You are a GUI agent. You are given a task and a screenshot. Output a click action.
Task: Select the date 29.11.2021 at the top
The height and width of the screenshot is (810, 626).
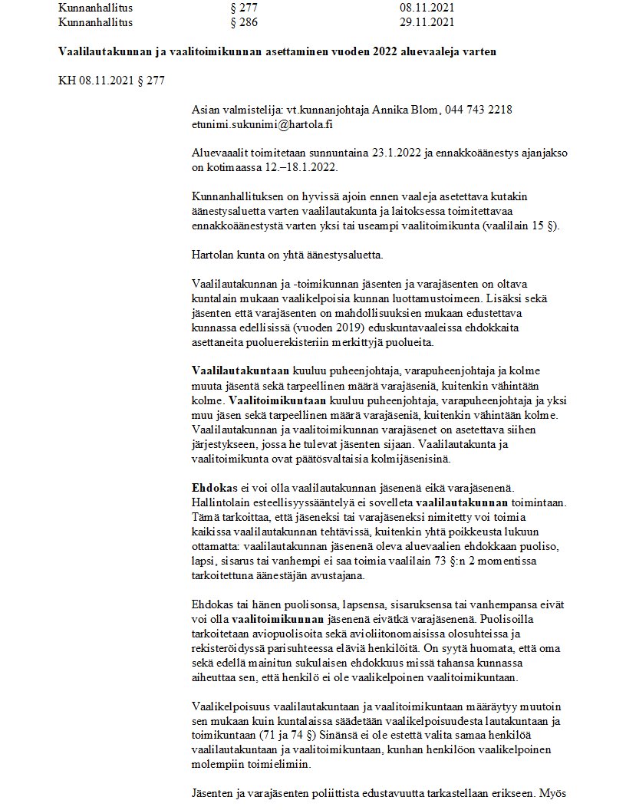(x=416, y=22)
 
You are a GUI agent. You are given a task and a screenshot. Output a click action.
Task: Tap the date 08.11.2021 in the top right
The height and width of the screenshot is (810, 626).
(x=416, y=8)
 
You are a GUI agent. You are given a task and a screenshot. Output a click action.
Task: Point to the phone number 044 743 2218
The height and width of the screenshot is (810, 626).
(x=476, y=110)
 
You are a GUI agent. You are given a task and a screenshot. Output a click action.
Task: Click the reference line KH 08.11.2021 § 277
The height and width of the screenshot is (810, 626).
(x=110, y=80)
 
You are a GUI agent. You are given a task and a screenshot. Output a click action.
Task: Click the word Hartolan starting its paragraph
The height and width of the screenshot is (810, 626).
(x=213, y=255)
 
